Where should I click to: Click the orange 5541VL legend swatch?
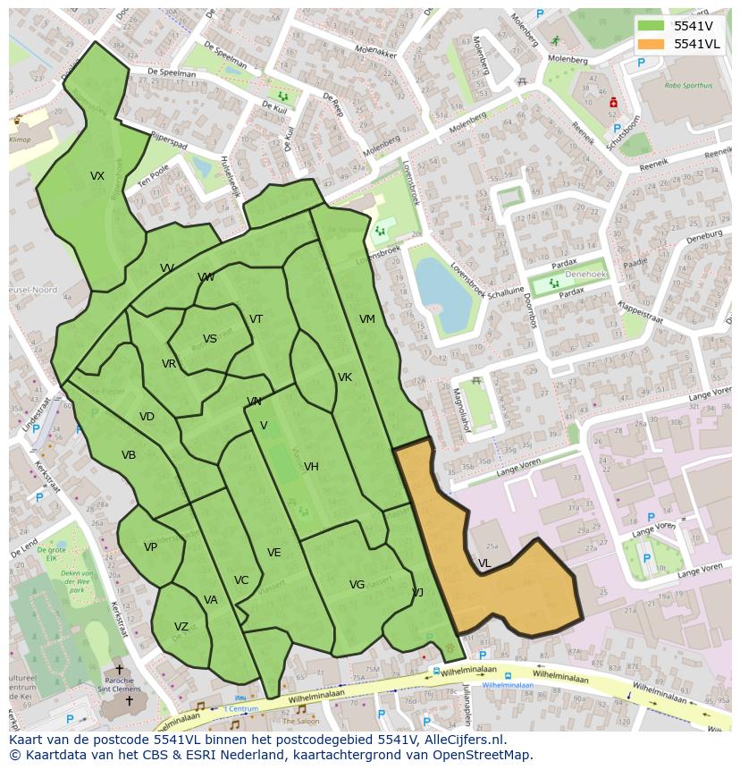click(x=652, y=44)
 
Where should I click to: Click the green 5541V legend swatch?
click(x=652, y=26)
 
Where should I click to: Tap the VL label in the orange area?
click(x=484, y=563)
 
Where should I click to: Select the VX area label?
click(x=97, y=176)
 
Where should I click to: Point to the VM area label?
click(x=367, y=319)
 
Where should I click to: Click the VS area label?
click(x=210, y=339)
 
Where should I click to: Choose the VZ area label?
click(x=181, y=627)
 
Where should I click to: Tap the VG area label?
click(x=357, y=585)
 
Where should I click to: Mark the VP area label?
click(x=150, y=547)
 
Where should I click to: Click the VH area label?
click(x=311, y=467)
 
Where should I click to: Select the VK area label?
click(x=345, y=377)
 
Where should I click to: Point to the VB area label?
click(x=129, y=455)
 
